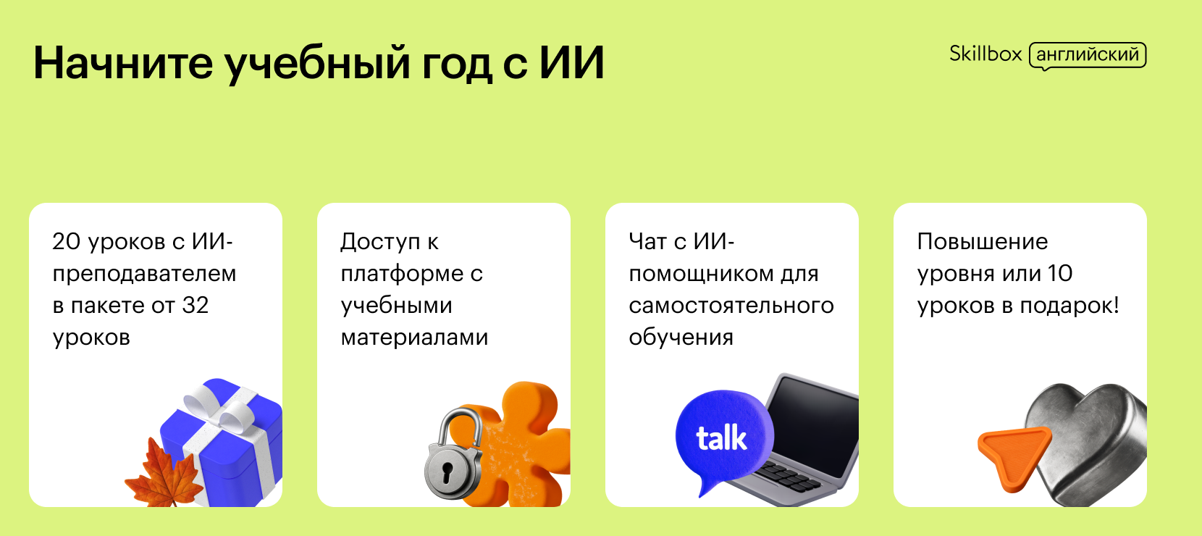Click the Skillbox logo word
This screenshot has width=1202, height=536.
(x=985, y=54)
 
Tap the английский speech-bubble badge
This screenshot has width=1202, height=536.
(x=1087, y=56)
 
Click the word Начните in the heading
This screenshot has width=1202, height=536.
(x=123, y=63)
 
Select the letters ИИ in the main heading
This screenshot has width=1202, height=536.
(x=571, y=63)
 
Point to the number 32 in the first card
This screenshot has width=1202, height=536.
(x=195, y=305)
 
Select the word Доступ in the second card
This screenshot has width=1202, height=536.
(x=380, y=243)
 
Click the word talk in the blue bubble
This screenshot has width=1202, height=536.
(x=721, y=438)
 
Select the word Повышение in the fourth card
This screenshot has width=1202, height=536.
(x=982, y=242)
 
